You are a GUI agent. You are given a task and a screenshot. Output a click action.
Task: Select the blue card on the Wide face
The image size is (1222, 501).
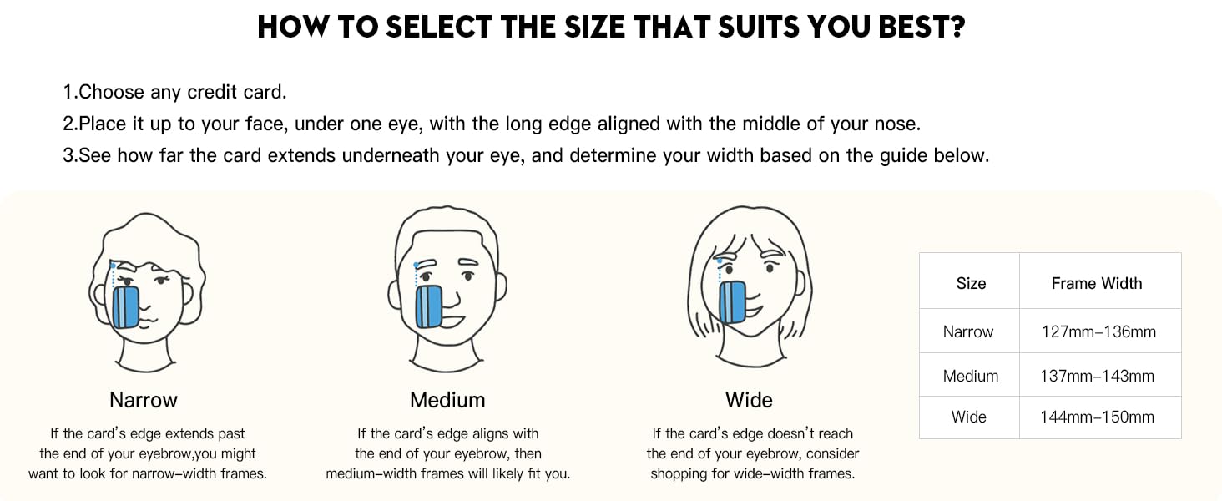tap(731, 302)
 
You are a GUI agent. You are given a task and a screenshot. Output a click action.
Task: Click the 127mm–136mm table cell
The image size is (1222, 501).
tap(1098, 331)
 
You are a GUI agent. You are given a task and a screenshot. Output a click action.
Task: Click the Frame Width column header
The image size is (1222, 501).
tap(1096, 283)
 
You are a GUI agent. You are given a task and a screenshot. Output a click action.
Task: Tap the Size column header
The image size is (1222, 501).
tap(971, 283)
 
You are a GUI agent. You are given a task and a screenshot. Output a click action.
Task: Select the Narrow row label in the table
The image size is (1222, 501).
tap(968, 331)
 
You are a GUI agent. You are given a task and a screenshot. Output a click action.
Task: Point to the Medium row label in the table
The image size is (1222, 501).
tap(970, 376)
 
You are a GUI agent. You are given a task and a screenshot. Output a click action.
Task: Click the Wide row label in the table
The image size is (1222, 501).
tap(968, 417)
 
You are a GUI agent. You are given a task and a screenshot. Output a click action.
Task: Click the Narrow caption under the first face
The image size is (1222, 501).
tap(144, 400)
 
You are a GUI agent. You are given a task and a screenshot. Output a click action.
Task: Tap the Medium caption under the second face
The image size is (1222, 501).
tap(447, 400)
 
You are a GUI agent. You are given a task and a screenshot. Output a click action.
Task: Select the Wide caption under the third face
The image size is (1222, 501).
tap(749, 400)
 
